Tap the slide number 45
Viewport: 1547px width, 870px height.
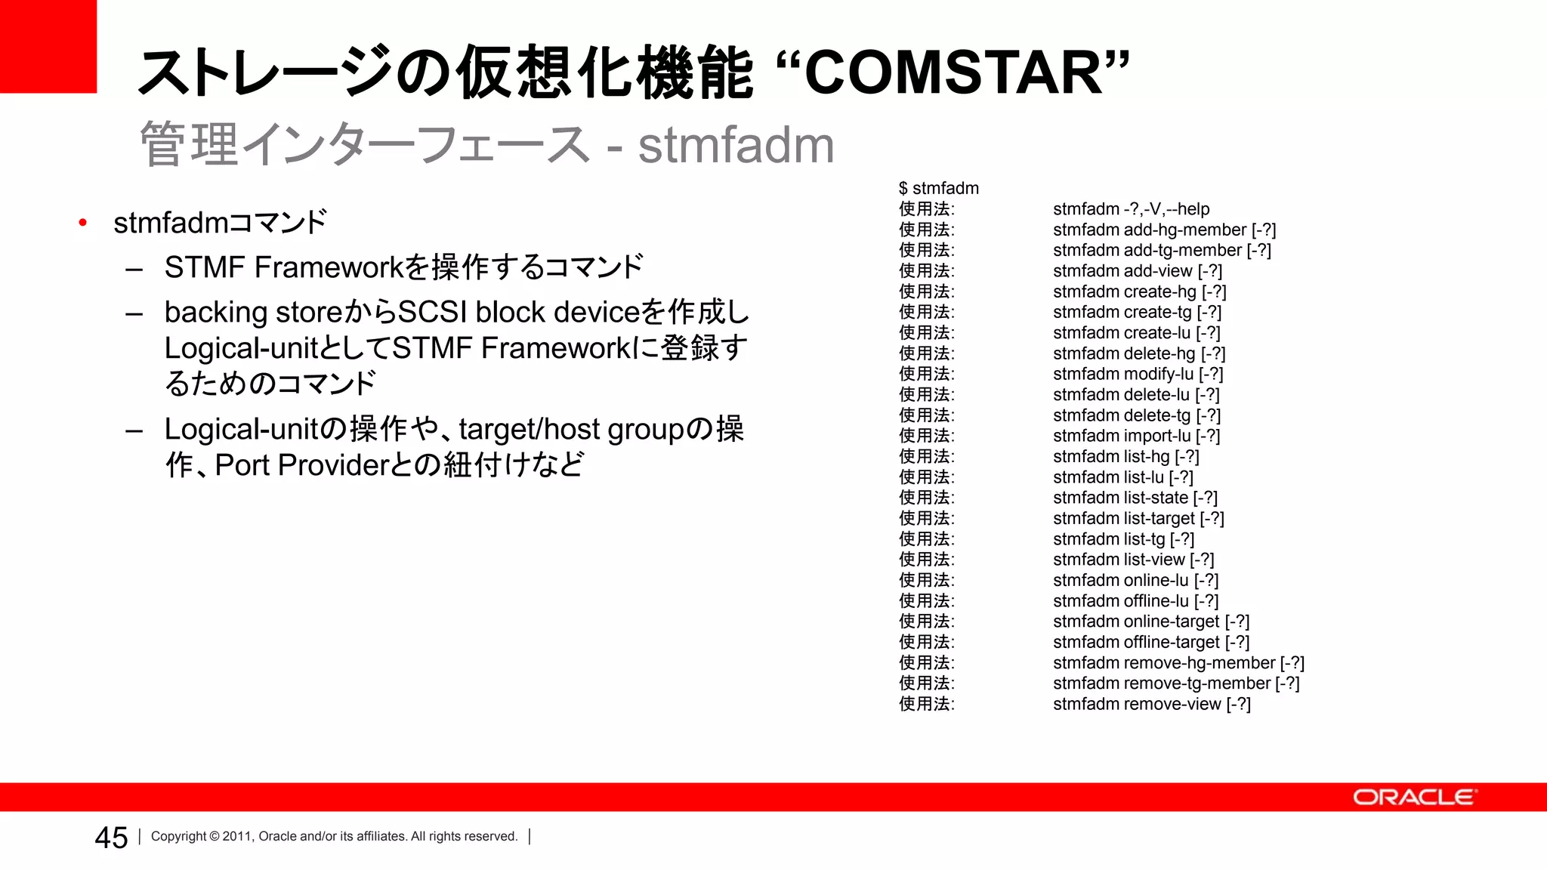(111, 838)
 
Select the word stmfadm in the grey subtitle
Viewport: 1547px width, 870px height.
(736, 145)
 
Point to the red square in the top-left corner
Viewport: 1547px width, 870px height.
(48, 46)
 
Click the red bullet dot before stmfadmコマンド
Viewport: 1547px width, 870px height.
(83, 223)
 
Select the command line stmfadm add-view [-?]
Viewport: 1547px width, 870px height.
(1137, 271)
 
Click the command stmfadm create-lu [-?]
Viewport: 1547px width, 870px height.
(1136, 333)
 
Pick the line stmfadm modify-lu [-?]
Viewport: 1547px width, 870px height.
(1138, 374)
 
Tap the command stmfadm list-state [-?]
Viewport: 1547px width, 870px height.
(1135, 498)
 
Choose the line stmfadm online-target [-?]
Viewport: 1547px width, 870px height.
(1150, 622)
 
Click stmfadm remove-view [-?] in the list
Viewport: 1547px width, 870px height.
(1151, 704)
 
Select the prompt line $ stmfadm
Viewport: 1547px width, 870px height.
(938, 188)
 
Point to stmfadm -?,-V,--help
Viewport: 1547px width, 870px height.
(1131, 209)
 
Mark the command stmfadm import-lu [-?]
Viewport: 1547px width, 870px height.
(1136, 436)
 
